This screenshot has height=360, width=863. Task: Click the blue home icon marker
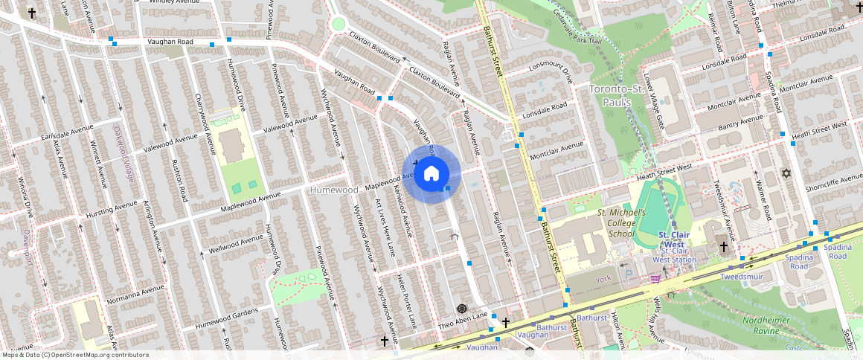pyautogui.click(x=431, y=174)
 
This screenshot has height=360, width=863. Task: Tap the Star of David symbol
pyautogui.click(x=784, y=173)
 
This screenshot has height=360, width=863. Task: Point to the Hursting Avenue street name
pyautogui.click(x=112, y=210)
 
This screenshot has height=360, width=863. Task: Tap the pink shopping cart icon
pyautogui.click(x=655, y=278)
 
